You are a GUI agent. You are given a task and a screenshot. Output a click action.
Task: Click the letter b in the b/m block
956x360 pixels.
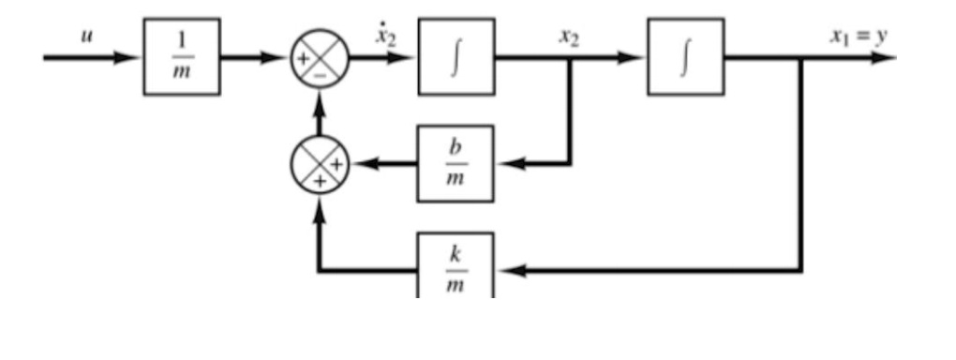(457, 150)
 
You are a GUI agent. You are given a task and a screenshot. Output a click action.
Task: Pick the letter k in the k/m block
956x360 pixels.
(457, 256)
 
